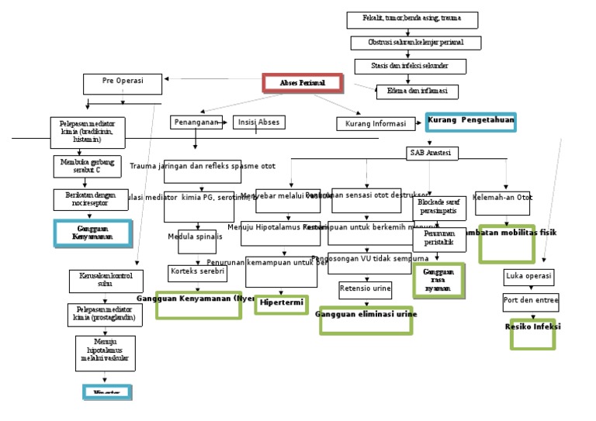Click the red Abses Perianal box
(x=302, y=82)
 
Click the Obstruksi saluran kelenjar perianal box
(x=416, y=43)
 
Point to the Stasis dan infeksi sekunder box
(x=411, y=66)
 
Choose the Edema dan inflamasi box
(x=417, y=91)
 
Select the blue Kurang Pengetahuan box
(x=470, y=122)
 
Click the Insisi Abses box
(x=258, y=122)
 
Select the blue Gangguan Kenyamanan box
(x=94, y=233)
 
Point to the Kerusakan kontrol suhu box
(x=106, y=280)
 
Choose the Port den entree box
(x=531, y=301)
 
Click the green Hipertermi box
(x=282, y=304)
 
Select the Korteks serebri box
(x=197, y=273)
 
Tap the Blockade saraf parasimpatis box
(x=439, y=207)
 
